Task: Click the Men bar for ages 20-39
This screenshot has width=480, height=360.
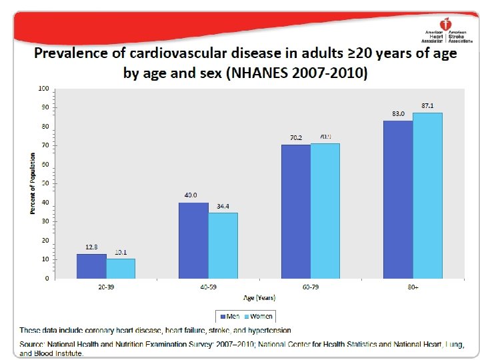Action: point(91,266)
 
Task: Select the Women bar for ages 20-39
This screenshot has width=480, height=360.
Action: point(121,269)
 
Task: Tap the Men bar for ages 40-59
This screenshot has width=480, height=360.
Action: point(193,240)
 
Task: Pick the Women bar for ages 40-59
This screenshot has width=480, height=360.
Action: point(223,245)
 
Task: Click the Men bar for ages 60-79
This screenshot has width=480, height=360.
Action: point(296,211)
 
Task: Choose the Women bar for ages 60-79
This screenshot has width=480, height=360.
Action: point(325,211)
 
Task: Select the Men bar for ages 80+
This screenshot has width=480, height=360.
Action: point(399,199)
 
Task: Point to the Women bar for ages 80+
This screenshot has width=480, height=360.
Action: point(428,195)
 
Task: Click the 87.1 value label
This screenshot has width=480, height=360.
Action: point(428,106)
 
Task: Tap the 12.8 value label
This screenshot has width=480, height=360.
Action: point(91,247)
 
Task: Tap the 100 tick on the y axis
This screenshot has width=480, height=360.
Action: point(43,88)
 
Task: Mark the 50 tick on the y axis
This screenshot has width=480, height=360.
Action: point(45,183)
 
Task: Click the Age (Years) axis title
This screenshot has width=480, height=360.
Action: point(259,298)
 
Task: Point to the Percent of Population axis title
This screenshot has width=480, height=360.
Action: point(32,183)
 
